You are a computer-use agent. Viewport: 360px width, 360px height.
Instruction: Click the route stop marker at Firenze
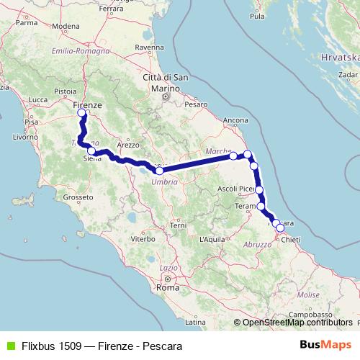coord(81,113)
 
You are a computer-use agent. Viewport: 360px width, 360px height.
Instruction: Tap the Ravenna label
coord(148,47)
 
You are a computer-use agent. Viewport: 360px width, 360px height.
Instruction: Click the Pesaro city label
coord(196,104)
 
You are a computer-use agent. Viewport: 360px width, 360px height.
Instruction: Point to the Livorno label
coord(24,136)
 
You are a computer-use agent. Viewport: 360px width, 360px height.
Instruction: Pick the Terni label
coord(177,225)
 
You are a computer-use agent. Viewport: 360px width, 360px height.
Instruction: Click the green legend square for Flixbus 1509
coord(9,346)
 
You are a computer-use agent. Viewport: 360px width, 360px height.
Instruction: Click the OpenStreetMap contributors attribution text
coord(297,323)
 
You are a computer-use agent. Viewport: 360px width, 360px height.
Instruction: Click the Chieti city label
coord(289,238)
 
